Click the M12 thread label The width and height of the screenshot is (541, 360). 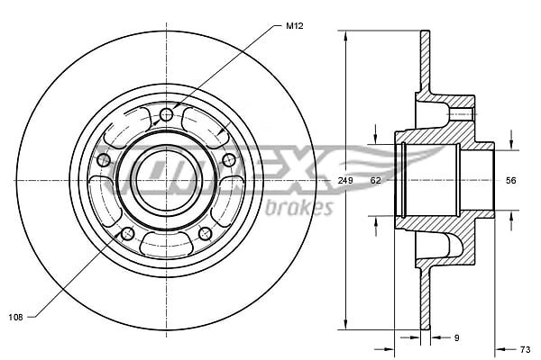point(295,26)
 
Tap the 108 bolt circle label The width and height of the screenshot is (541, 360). point(15,318)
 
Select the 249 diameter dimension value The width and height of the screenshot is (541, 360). point(345,180)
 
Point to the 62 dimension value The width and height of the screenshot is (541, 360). point(375,180)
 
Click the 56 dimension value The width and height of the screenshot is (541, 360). point(510,180)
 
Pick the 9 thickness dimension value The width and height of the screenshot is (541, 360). point(456,338)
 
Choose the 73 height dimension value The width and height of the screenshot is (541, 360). point(525,350)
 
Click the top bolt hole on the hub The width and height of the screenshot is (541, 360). point(167,114)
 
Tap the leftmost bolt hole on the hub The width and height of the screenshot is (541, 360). point(104,160)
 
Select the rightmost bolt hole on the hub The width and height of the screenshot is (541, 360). point(229,160)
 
